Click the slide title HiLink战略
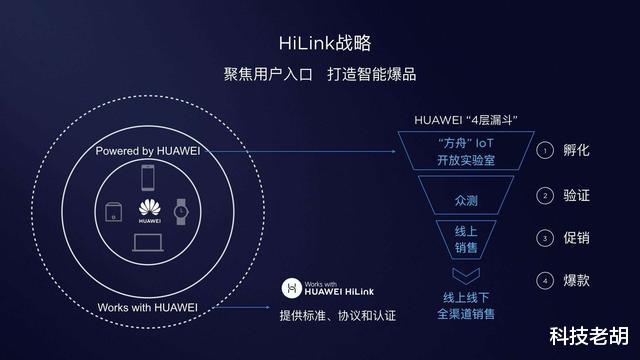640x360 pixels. point(319,43)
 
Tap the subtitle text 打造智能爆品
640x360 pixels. point(372,76)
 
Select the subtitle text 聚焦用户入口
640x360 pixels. point(269,76)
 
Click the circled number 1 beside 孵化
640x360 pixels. point(545,151)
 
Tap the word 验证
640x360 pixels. point(576,195)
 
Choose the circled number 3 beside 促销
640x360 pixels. point(545,238)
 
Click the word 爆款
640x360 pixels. point(576,281)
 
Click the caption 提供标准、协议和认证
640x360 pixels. point(337,316)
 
